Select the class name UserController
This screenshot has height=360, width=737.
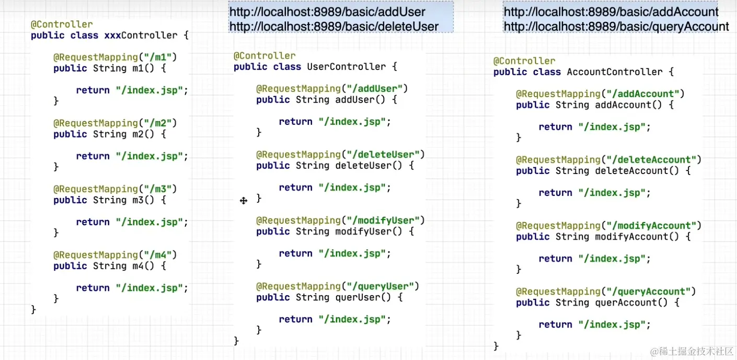click(x=346, y=67)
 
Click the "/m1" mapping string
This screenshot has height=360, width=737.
click(x=157, y=57)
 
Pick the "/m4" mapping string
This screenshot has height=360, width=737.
click(x=157, y=255)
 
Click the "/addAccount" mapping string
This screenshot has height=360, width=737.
click(x=642, y=94)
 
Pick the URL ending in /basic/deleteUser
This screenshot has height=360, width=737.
click(x=334, y=26)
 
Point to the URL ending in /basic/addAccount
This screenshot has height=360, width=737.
click(x=611, y=12)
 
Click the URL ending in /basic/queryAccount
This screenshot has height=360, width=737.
click(x=616, y=26)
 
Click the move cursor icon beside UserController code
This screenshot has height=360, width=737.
click(x=244, y=201)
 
